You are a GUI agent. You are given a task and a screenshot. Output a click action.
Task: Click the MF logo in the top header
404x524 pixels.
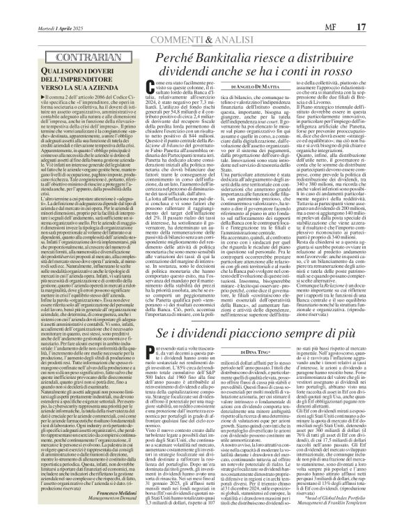[x=357, y=8]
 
